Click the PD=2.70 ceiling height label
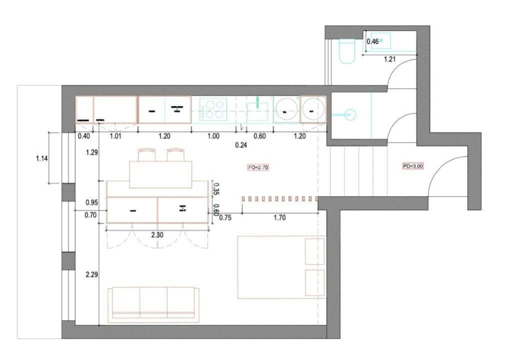[259, 167]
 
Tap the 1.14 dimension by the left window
[42, 159]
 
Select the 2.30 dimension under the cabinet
[158, 234]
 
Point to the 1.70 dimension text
[280, 218]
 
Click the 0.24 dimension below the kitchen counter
[241, 145]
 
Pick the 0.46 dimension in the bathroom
[373, 42]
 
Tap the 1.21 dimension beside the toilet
[390, 59]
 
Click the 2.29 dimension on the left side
[92, 274]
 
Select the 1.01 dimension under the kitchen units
[115, 136]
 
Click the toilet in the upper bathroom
[346, 51]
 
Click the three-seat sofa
[153, 302]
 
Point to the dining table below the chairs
[161, 174]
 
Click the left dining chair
[146, 154]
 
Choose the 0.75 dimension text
[225, 217]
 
